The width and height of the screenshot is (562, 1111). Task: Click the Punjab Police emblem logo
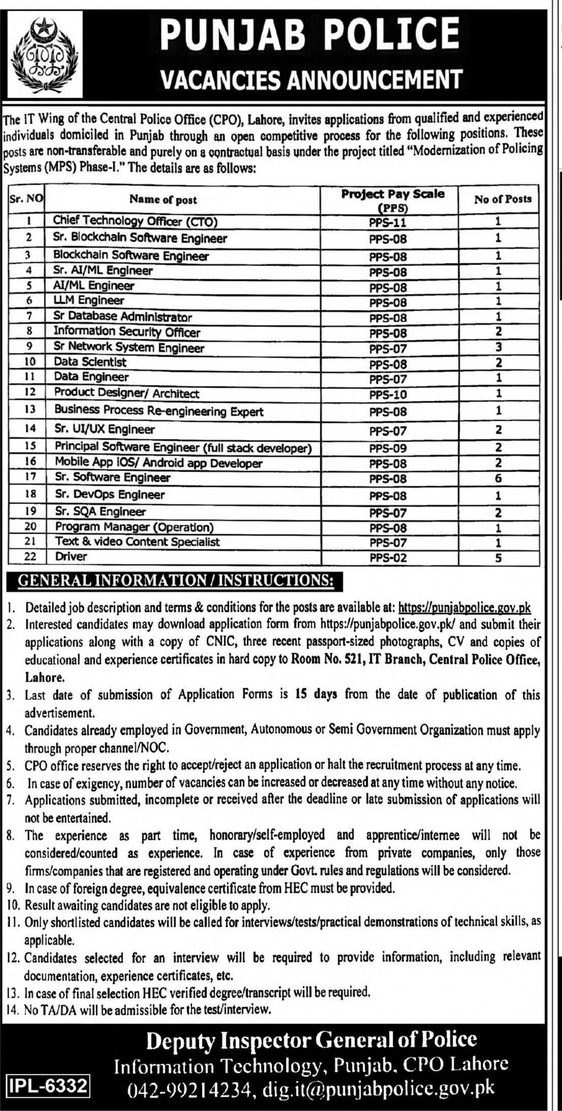(46, 54)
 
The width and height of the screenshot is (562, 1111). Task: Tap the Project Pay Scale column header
(393, 200)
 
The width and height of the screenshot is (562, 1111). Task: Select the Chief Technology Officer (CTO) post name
(135, 221)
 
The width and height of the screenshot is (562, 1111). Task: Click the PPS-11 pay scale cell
(388, 223)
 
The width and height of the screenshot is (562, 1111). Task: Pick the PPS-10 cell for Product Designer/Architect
(388, 394)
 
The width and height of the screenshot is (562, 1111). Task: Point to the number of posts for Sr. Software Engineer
(498, 478)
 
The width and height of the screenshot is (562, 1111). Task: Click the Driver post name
(71, 556)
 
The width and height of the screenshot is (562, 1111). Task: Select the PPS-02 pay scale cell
(388, 558)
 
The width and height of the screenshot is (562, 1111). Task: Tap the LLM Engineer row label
(89, 300)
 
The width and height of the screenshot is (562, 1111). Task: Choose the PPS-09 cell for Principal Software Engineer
(388, 448)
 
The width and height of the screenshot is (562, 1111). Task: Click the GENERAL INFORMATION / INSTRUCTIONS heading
(176, 581)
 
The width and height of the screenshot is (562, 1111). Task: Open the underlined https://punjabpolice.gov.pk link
(464, 608)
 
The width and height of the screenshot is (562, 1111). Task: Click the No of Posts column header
(503, 199)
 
